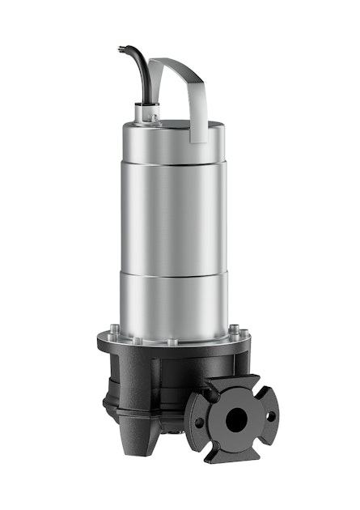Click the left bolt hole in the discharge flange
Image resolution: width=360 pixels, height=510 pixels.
coord(202,423)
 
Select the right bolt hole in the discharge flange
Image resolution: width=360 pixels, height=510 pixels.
coord(270,414)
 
